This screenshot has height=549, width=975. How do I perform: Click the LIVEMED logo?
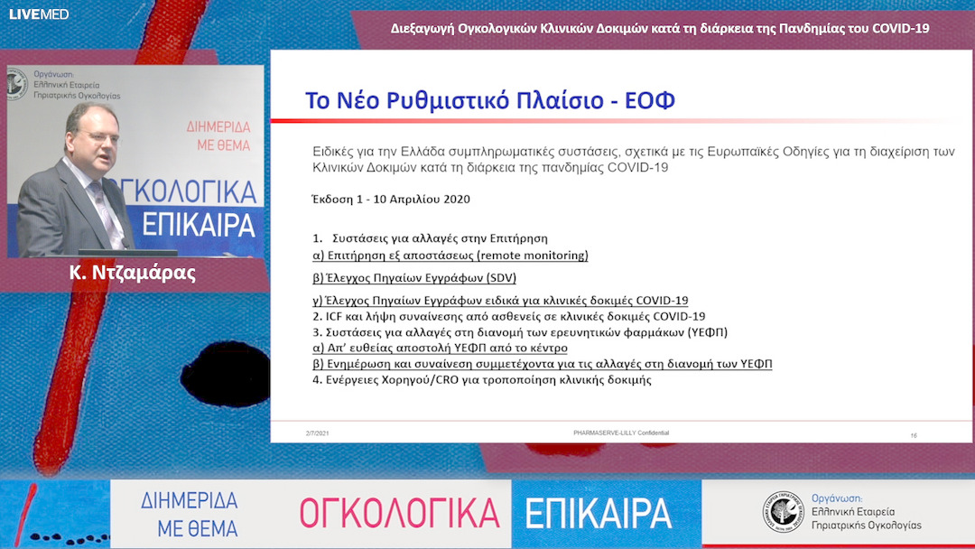point(26,14)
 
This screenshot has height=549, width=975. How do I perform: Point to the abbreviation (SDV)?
point(495,278)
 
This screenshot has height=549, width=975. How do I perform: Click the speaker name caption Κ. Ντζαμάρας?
point(133,273)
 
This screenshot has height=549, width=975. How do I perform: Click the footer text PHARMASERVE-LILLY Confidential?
point(621,433)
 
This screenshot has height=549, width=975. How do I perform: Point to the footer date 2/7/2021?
point(318,434)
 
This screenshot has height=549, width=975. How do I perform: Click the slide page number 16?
point(914,435)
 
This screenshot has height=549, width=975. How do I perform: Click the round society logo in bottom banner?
point(783,511)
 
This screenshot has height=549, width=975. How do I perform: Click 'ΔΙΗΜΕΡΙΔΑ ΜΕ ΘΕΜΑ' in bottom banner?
point(189,514)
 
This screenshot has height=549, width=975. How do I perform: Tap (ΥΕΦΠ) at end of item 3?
point(707,332)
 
